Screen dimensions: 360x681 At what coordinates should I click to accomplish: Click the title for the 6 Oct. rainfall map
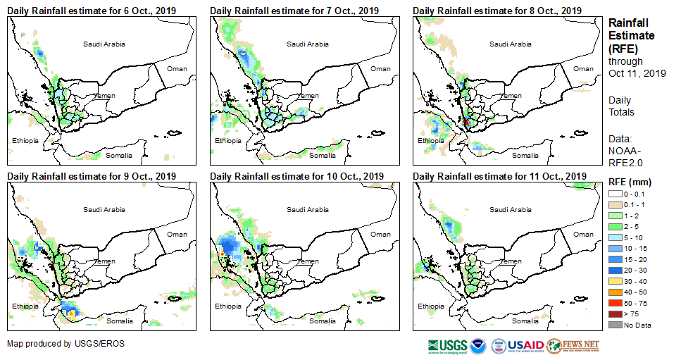[92, 11]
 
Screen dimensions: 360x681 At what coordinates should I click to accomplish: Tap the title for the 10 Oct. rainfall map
[296, 176]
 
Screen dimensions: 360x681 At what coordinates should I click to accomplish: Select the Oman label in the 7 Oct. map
[380, 69]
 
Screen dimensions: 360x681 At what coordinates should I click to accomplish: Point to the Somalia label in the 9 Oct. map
[119, 321]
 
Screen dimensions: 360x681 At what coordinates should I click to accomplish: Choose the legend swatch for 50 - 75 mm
[616, 302]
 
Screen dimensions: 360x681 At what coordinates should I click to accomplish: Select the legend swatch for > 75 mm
[616, 314]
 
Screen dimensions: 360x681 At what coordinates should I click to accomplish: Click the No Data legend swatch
[616, 324]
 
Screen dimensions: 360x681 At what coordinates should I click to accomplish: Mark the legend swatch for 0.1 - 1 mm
[616, 204]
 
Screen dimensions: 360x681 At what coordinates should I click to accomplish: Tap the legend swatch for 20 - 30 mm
[616, 270]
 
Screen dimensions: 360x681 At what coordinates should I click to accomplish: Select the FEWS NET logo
[572, 345]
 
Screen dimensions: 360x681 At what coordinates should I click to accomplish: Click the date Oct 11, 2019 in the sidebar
[637, 73]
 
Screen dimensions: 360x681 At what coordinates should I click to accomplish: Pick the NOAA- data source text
[624, 150]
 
